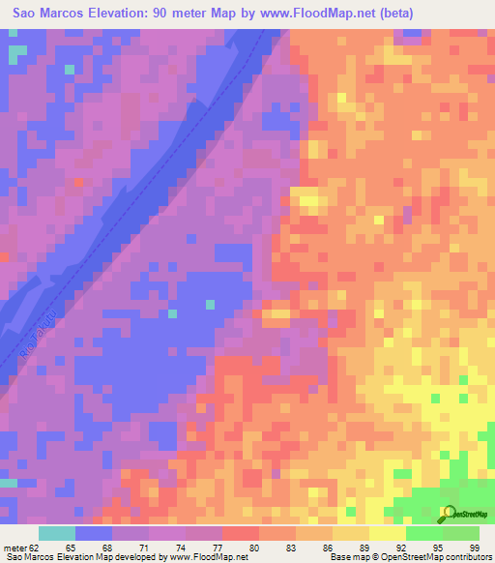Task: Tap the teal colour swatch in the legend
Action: [x=57, y=533]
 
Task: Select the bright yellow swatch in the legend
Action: [x=388, y=533]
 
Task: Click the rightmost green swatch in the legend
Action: [x=461, y=533]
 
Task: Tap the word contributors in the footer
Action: [x=465, y=557]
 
